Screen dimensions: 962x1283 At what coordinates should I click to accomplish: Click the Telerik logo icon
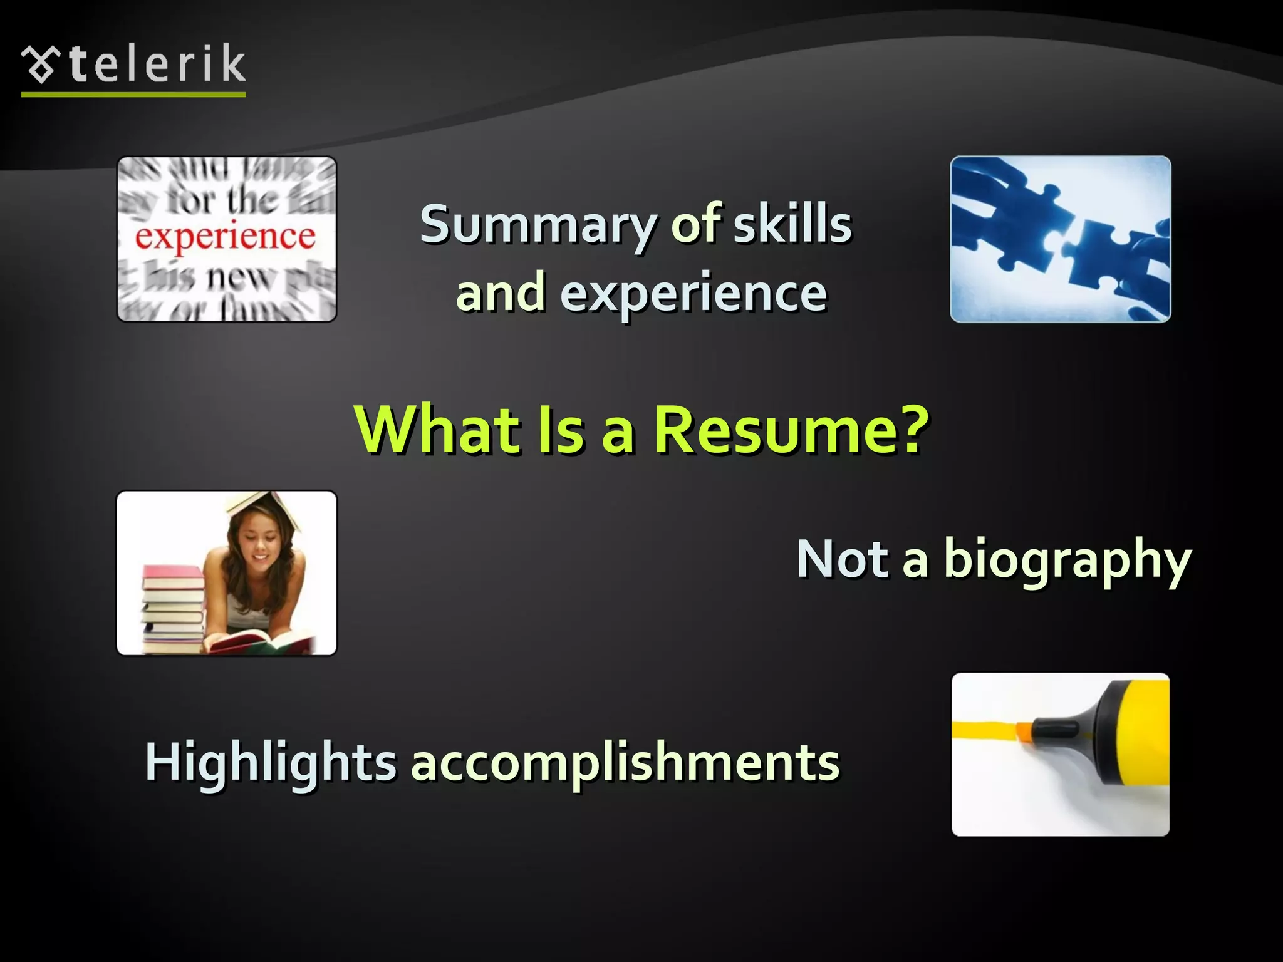coord(41,64)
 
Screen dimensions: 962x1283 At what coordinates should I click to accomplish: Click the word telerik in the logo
coord(157,64)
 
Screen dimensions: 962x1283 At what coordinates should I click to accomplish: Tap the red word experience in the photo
coord(226,237)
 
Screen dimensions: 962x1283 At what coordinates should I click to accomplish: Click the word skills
coord(792,224)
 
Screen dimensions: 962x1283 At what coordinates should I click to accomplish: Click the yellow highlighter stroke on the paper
coord(984,730)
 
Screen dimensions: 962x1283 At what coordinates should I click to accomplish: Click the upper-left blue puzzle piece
coord(1009,213)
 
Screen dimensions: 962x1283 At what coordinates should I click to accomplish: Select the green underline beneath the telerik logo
coord(133,95)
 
